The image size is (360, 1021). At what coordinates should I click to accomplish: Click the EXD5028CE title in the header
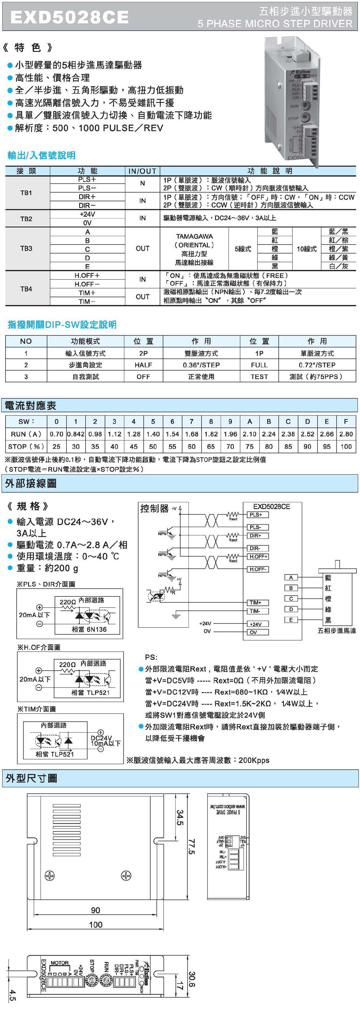point(69,17)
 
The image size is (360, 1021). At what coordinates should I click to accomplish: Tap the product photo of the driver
point(293,99)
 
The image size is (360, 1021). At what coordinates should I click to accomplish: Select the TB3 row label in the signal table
point(26,248)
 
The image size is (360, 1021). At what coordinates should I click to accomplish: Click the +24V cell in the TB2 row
point(87,214)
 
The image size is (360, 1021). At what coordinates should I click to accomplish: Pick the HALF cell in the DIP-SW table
point(143,364)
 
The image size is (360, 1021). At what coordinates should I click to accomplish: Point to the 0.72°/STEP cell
point(317,364)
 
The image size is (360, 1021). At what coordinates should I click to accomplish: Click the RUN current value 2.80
point(346,434)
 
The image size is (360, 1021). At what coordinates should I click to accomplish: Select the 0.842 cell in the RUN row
point(76,434)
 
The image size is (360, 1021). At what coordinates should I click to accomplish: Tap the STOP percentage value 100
point(346,446)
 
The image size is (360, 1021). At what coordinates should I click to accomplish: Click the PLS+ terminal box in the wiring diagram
point(258,515)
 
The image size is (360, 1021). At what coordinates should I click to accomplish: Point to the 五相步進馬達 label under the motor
point(336,631)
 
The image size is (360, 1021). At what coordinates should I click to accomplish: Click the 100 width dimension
point(96,925)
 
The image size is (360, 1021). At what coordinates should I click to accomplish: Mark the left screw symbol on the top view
point(50,876)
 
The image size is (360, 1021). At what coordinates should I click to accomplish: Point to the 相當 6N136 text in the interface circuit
point(89,629)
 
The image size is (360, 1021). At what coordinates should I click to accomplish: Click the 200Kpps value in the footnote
point(254,760)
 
